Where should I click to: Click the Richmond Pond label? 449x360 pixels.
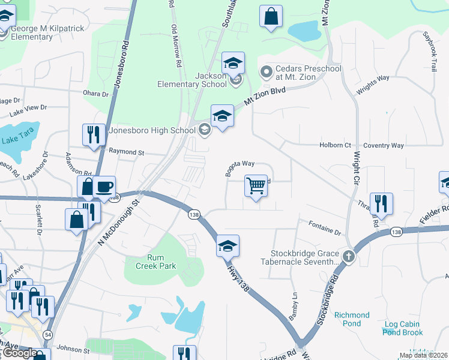(352, 319)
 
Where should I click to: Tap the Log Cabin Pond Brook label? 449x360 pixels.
(403, 328)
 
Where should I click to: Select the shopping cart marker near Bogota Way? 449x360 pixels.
(256, 187)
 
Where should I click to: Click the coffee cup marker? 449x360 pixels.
(104, 187)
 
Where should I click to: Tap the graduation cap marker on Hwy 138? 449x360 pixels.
(228, 246)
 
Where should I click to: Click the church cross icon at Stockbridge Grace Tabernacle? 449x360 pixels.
(348, 257)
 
